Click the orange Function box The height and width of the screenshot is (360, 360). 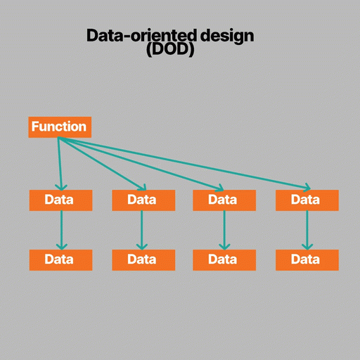[60, 127]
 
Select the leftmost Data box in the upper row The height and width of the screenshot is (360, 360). [60, 200]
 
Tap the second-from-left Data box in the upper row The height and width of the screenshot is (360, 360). [143, 200]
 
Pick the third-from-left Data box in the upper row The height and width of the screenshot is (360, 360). [224, 200]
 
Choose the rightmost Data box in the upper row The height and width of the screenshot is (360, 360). [307, 200]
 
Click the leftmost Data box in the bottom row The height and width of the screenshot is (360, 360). [60, 260]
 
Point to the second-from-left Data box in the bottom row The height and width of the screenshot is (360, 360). [143, 260]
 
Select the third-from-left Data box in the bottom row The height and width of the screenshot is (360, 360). [224, 260]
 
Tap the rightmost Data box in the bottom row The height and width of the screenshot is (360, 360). [307, 260]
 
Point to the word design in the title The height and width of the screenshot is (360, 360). [227, 37]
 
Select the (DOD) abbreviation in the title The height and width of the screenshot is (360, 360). [170, 50]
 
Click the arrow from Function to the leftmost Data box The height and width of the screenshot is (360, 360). [60, 164]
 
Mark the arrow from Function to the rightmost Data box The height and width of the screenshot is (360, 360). [184, 163]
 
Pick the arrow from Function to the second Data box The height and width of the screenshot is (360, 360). [102, 163]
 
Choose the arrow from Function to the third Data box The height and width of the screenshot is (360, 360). [141, 163]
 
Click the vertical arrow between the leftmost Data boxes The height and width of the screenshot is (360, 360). [61, 230]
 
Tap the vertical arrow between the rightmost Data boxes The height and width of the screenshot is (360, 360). [307, 230]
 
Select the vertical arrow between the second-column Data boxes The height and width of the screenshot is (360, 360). [141, 230]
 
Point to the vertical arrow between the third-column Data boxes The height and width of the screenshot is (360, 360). [224, 230]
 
